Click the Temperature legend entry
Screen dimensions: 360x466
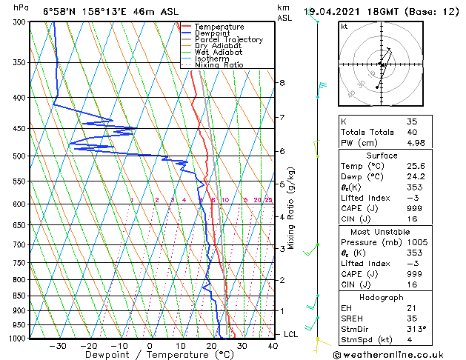219,27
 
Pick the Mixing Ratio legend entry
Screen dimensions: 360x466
219,65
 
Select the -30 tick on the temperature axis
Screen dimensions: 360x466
58,345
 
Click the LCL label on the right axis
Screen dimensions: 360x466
292,335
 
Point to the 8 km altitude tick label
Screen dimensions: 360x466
282,82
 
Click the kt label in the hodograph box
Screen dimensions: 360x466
344,27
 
